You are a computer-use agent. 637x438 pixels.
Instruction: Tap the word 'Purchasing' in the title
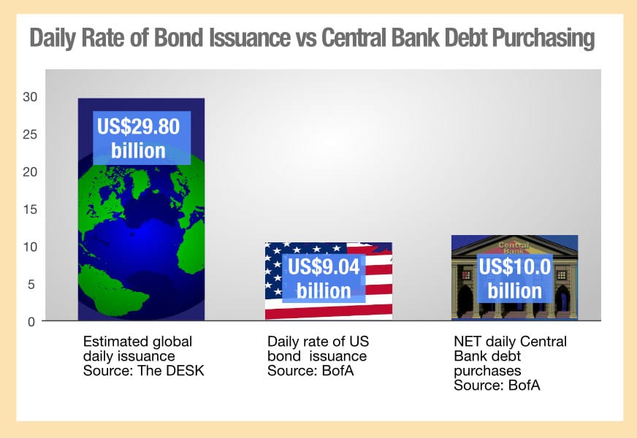point(543,39)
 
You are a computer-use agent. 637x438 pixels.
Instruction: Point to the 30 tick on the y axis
point(30,96)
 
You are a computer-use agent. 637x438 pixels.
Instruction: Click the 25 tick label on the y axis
point(30,134)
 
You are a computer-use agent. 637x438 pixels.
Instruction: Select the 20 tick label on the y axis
point(30,172)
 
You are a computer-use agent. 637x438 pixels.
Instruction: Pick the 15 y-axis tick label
point(30,210)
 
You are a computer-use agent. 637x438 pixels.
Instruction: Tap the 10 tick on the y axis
point(30,247)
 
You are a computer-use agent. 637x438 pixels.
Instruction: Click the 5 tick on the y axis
point(31,285)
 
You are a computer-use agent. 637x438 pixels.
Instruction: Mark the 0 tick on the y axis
point(31,322)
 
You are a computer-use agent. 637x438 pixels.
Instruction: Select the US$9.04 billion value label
point(324,278)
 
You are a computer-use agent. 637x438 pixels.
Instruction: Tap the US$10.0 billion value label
point(515,278)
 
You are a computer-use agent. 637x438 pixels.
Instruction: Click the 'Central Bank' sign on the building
point(514,248)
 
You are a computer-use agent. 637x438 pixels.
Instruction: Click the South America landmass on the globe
point(102,286)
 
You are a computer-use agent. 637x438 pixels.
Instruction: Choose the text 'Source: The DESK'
point(143,371)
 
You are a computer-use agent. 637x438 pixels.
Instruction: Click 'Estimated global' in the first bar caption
point(137,342)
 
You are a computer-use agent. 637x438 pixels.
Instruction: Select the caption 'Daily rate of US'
point(318,342)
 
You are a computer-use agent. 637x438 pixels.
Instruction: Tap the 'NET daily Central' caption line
point(510,342)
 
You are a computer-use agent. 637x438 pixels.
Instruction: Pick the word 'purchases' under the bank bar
point(487,371)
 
